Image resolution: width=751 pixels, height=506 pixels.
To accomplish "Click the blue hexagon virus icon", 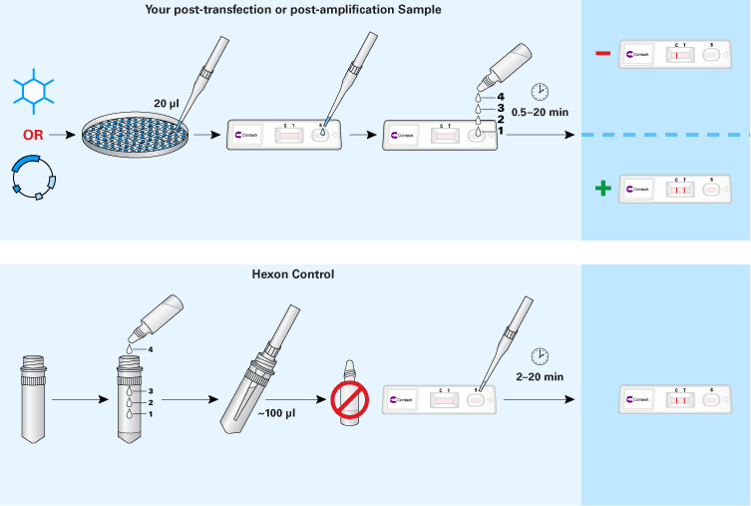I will point(36,89).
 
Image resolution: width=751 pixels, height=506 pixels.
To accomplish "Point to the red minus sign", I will point(602,55).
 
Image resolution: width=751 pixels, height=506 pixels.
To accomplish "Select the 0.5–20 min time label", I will point(540,113).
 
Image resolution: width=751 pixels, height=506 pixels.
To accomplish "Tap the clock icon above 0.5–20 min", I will point(540,92).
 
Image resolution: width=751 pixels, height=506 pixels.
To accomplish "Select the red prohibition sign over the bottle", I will point(348,402).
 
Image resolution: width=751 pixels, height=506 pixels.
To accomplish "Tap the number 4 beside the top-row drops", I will point(487,97).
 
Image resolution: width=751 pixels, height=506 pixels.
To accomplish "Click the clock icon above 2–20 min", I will point(539,356).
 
